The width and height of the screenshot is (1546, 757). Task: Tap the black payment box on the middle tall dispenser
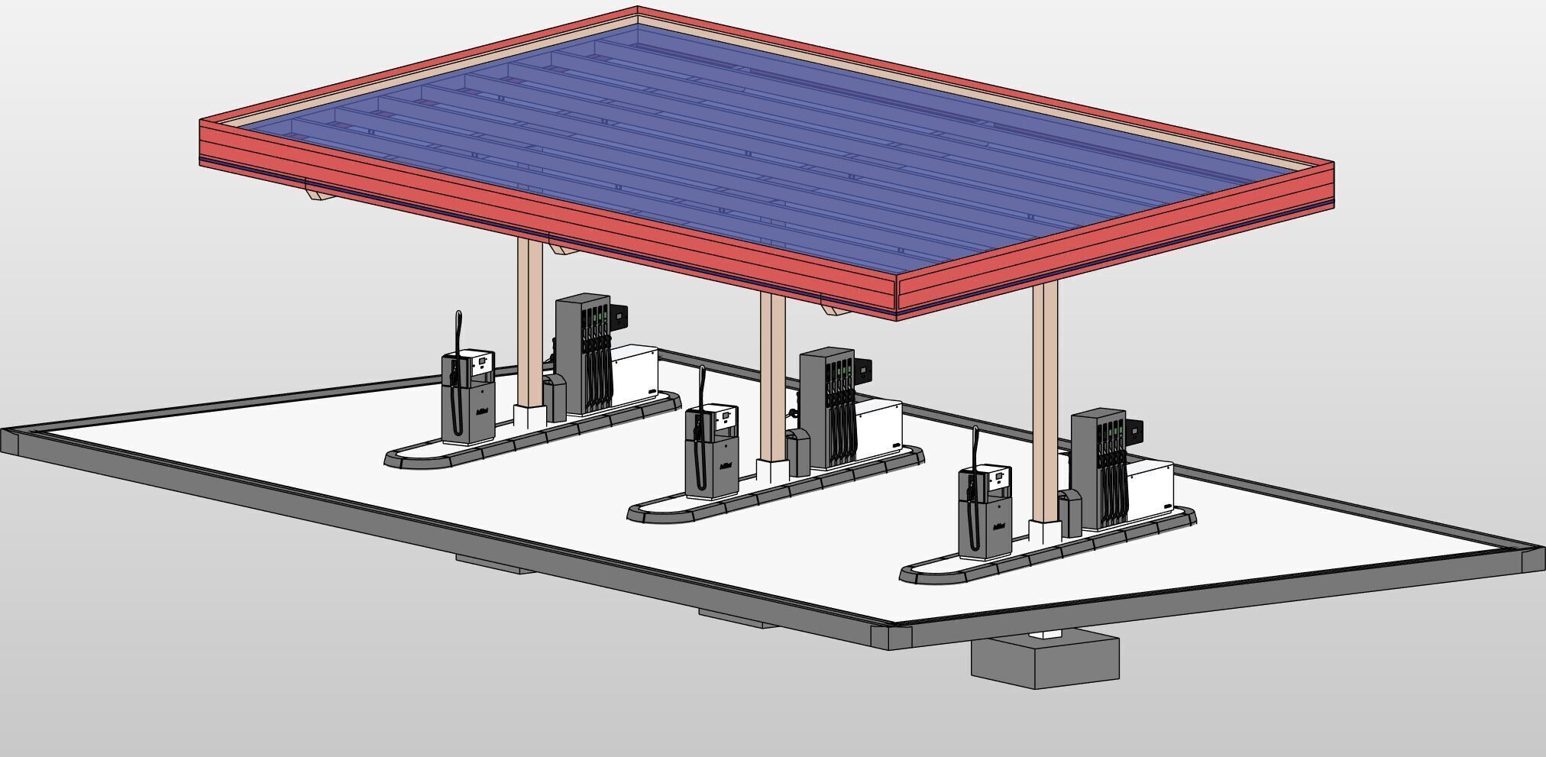click(x=863, y=370)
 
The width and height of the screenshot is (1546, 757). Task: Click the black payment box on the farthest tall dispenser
click(x=618, y=313)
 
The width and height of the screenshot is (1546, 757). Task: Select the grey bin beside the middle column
click(x=799, y=452)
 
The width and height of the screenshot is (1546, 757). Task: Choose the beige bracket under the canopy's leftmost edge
click(x=319, y=196)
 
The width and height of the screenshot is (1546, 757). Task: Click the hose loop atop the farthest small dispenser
click(x=458, y=328)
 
